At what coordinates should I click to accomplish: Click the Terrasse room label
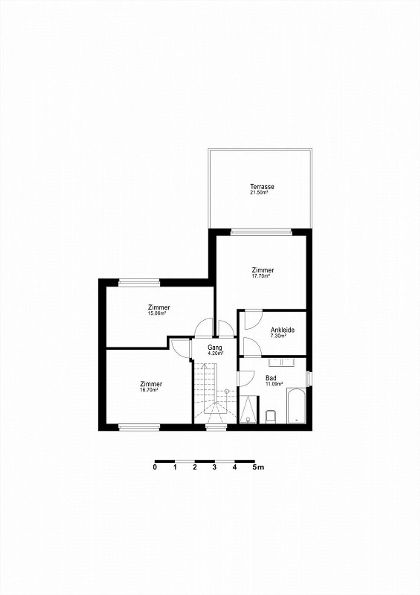262,187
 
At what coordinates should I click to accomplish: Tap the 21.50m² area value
258,193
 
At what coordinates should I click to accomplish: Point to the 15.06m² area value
157,313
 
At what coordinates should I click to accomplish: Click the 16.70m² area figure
149,390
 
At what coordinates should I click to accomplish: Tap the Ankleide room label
282,330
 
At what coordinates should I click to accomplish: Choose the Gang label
215,347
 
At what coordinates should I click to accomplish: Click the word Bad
271,378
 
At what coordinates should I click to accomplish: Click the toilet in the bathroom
271,417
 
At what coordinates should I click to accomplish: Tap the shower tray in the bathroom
248,409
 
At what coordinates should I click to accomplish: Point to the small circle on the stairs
226,391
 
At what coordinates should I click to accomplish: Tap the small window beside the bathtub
309,379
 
